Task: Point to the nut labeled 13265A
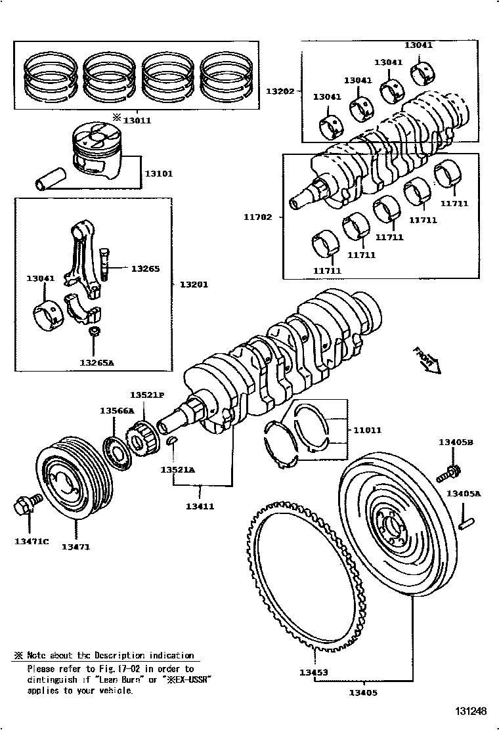tap(94, 333)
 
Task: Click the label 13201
tap(194, 284)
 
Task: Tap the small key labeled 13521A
tap(172, 441)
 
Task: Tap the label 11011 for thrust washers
tap(367, 431)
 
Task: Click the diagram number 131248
tap(471, 711)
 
